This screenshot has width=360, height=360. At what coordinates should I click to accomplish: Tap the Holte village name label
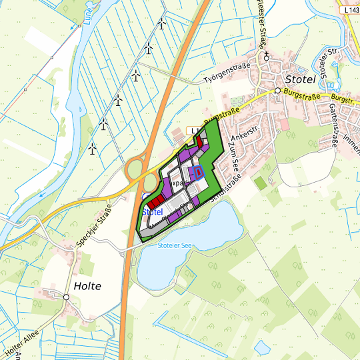[87, 285]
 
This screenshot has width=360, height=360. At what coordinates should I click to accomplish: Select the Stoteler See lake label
[175, 246]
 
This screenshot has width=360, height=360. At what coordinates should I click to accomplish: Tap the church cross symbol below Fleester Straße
[266, 57]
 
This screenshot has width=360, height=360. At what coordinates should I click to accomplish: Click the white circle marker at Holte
[67, 297]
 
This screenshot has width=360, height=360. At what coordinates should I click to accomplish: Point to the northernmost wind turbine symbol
[162, 24]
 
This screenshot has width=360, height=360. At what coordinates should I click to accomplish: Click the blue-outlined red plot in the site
[198, 172]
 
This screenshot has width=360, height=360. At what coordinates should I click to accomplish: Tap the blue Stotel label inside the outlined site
[153, 212]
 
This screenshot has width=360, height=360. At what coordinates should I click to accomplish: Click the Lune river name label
[87, 13]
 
